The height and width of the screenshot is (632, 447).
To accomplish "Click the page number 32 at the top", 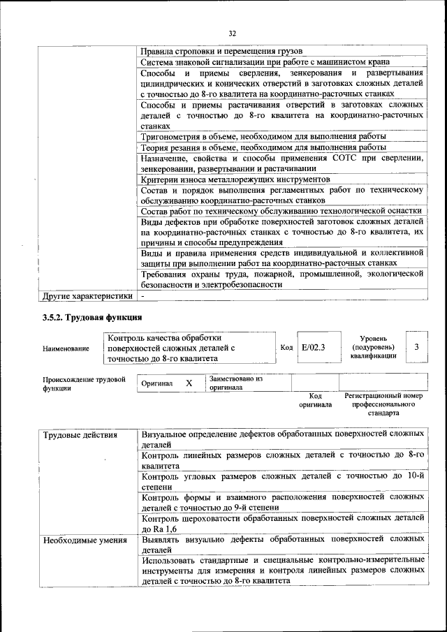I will click(x=233, y=33).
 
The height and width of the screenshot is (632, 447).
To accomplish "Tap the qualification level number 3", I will click(x=417, y=347).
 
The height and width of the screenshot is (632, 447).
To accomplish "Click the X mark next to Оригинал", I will click(x=189, y=383).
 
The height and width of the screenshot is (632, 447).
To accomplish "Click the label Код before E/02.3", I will click(x=286, y=347).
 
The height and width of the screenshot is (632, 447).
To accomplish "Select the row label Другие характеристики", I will click(x=87, y=296).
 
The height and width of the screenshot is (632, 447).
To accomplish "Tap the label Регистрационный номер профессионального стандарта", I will click(x=383, y=404).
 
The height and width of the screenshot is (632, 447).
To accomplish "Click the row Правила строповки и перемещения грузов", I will click(x=220, y=52).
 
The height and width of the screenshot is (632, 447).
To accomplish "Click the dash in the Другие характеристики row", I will click(x=142, y=296).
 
